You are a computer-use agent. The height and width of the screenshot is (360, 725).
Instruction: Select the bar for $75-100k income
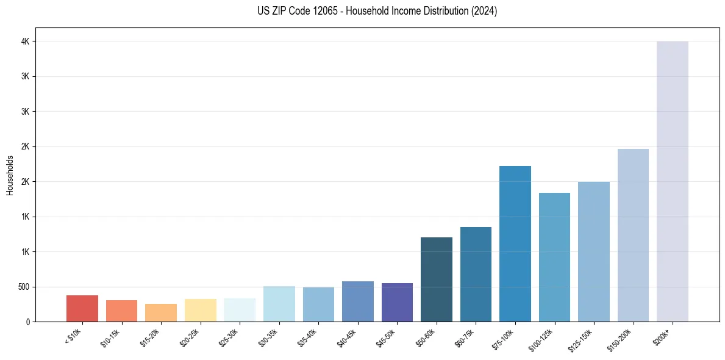(515, 243)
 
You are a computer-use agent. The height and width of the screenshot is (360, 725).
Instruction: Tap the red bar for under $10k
(82, 308)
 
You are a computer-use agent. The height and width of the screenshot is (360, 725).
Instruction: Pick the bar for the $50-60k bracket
(436, 279)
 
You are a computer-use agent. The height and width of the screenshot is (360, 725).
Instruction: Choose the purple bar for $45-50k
(397, 302)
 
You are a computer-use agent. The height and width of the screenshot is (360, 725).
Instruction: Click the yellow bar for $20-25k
(200, 310)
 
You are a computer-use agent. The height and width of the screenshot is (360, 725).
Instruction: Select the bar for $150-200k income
(633, 235)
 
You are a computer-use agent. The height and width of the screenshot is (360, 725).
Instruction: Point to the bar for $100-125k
(554, 257)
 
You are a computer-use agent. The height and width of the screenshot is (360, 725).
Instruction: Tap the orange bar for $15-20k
(161, 312)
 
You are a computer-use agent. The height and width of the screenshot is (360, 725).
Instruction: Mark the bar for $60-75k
(476, 274)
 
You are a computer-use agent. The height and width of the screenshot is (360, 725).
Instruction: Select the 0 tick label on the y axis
(28, 322)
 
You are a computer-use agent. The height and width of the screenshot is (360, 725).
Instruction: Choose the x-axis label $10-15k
(112, 338)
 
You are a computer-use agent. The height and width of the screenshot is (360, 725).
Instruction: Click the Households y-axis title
(10, 175)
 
